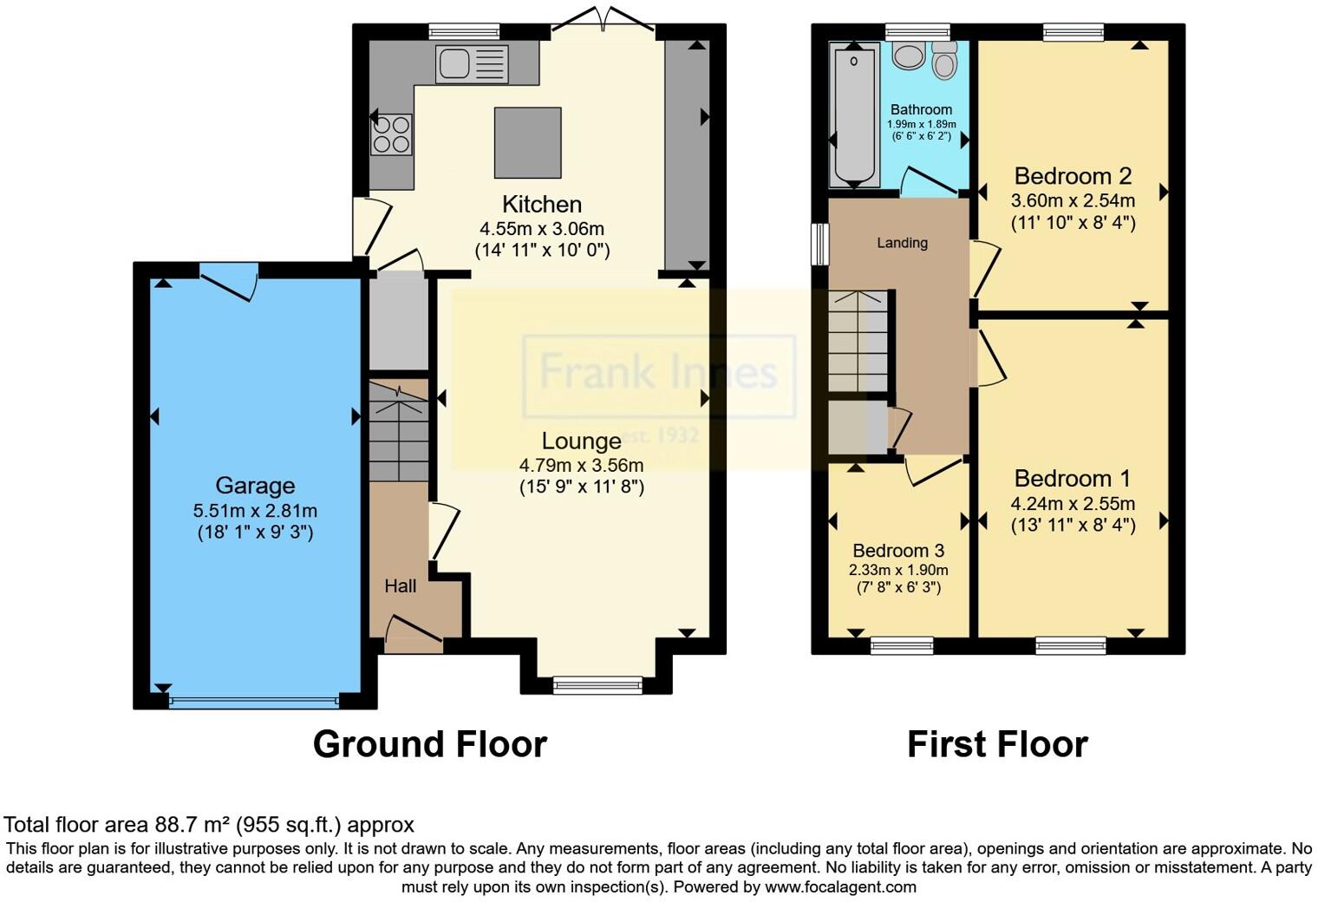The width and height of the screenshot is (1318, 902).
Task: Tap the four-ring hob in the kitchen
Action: coord(391,134)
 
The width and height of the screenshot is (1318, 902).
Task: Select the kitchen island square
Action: coord(527,142)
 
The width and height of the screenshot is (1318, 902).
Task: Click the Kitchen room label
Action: coord(542,205)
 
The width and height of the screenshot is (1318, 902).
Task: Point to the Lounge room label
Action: coord(581,441)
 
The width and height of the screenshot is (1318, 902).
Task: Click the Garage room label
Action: coord(255,486)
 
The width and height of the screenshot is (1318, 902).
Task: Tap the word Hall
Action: coord(401,586)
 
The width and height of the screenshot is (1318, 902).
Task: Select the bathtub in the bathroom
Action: coord(854,114)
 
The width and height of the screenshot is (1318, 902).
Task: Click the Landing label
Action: coord(902,243)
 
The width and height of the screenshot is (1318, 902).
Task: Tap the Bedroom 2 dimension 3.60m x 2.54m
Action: coord(1073,200)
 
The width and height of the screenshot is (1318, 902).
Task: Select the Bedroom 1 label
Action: coord(1073,479)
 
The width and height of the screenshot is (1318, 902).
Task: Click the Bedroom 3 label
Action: coord(898,551)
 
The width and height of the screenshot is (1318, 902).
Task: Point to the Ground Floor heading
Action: coord(429,744)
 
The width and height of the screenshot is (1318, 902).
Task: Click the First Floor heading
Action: coord(997,744)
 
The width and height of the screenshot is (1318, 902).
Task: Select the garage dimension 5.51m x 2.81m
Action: coord(255,510)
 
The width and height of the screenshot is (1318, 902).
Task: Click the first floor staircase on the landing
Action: coord(858,342)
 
